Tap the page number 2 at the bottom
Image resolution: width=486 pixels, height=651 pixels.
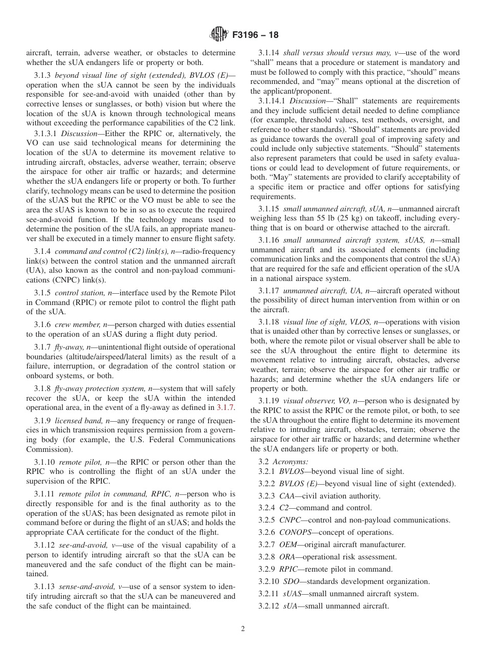pos(243,629)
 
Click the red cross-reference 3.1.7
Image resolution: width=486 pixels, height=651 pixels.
pos(226,407)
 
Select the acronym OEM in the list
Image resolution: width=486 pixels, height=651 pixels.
pos(288,545)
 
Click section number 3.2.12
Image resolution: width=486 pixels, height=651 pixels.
pos(269,606)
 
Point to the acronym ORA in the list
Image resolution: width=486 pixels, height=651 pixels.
pos(288,557)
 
